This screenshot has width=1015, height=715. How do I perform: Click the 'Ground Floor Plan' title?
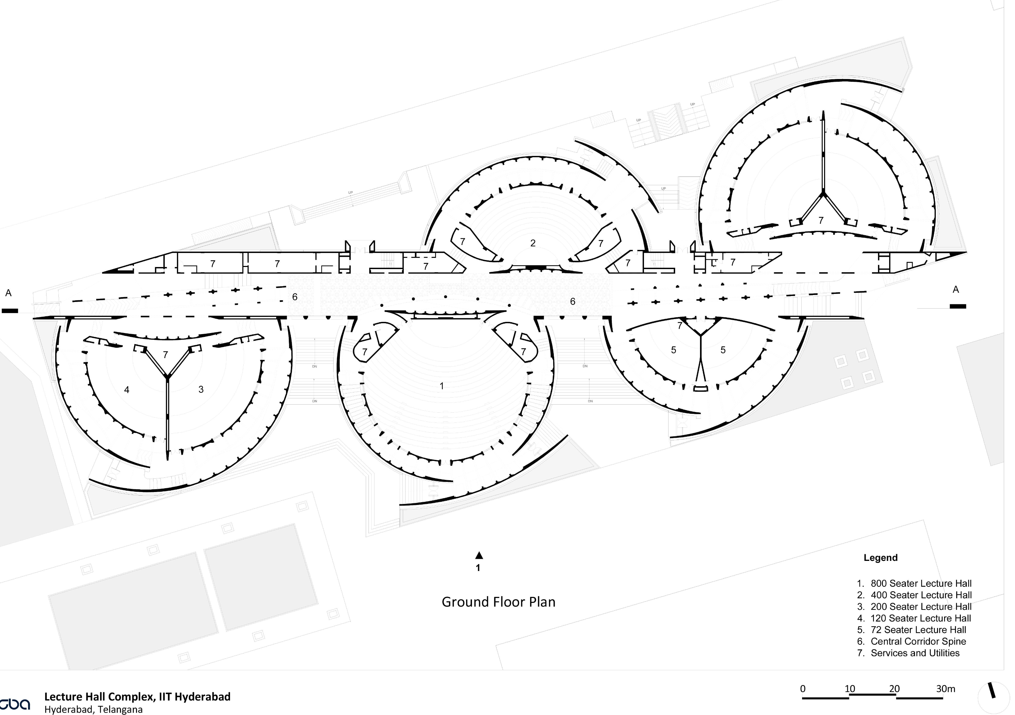498,602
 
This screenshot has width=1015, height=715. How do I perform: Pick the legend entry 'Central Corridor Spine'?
918,641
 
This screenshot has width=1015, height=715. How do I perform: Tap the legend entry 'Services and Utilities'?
915,653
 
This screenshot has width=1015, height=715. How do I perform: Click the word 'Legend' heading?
880,558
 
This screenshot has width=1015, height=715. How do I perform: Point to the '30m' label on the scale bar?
945,688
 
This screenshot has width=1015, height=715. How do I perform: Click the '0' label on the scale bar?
803,688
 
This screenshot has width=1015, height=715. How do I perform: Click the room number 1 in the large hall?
442,386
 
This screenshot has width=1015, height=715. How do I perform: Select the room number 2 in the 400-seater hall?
533,243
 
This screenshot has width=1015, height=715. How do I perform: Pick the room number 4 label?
127,390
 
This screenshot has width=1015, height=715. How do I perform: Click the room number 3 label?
201,389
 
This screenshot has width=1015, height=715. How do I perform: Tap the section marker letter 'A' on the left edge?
8,293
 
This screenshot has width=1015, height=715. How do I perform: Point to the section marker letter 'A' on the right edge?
956,289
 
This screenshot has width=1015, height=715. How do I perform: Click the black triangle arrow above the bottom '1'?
479,556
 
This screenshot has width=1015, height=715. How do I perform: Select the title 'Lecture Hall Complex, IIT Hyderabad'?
137,697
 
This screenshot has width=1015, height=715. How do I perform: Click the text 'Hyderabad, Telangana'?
93,710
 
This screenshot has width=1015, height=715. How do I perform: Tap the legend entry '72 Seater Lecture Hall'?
918,630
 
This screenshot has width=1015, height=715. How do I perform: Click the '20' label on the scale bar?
894,688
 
